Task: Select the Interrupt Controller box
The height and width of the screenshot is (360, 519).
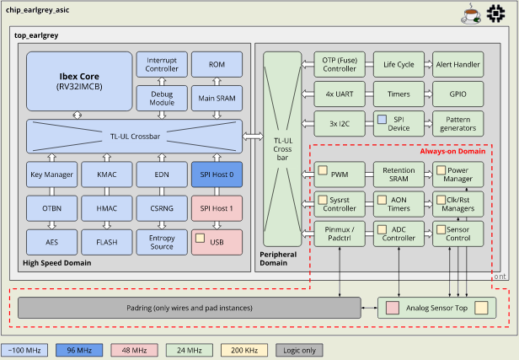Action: (161, 64)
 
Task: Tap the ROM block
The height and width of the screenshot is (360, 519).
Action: (217, 64)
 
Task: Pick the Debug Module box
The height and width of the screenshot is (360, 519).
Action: (161, 98)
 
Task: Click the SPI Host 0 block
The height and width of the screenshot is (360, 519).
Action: (217, 175)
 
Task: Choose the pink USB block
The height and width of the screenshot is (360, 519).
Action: (217, 240)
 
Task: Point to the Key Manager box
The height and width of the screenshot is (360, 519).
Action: (50, 175)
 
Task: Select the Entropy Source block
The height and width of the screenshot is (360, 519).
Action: (161, 240)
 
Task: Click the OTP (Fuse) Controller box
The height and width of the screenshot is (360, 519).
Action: (340, 64)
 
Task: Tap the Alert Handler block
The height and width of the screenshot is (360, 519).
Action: (456, 64)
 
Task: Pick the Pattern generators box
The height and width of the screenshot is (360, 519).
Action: (456, 123)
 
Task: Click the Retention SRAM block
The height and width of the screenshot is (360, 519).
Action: (398, 175)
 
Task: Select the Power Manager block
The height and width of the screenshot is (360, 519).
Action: (456, 175)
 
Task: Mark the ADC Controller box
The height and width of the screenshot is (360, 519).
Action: (398, 234)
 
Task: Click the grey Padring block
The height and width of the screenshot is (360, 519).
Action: (190, 308)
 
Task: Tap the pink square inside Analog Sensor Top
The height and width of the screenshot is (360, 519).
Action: (392, 308)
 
